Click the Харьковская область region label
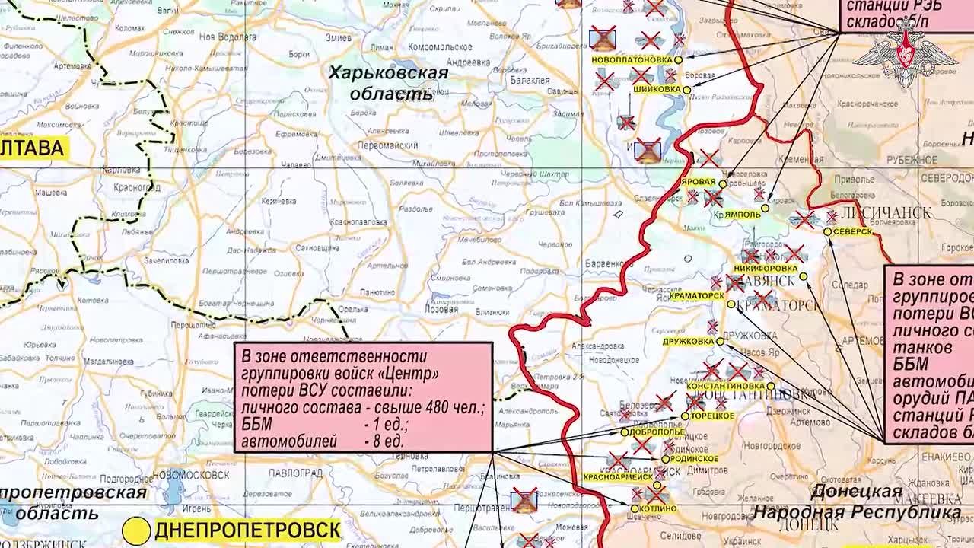(x=388, y=83)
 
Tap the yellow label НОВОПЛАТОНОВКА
(x=632, y=59)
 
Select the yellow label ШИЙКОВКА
(x=657, y=89)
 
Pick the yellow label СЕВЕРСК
(x=853, y=231)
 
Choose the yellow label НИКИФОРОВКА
(x=766, y=269)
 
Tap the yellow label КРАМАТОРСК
(x=696, y=295)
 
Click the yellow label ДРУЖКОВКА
(x=689, y=342)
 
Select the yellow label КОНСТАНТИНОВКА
(x=725, y=386)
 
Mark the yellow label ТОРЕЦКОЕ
(x=712, y=416)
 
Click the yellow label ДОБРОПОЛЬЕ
(x=657, y=432)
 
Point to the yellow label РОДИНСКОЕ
(x=694, y=459)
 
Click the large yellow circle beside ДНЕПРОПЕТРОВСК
(x=138, y=530)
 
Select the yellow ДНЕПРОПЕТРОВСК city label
(x=247, y=530)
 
